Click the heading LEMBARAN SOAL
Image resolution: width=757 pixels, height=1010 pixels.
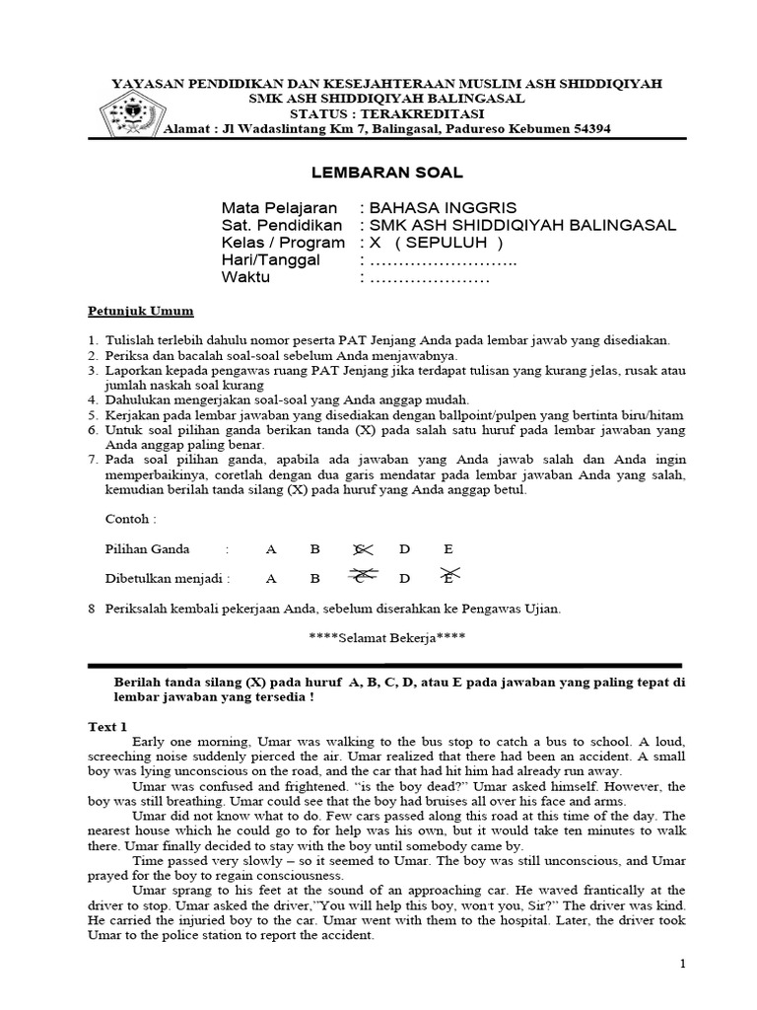click(387, 173)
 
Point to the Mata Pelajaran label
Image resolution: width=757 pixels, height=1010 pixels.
click(279, 208)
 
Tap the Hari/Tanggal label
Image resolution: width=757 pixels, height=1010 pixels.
click(271, 259)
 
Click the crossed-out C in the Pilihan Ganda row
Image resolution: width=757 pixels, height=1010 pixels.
click(362, 549)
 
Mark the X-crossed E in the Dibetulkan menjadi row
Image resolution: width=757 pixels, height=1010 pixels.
click(449, 578)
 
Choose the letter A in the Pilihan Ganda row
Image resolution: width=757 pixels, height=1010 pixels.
click(271, 549)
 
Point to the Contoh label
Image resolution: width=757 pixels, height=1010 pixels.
click(130, 519)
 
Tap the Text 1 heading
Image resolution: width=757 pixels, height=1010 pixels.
click(109, 726)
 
